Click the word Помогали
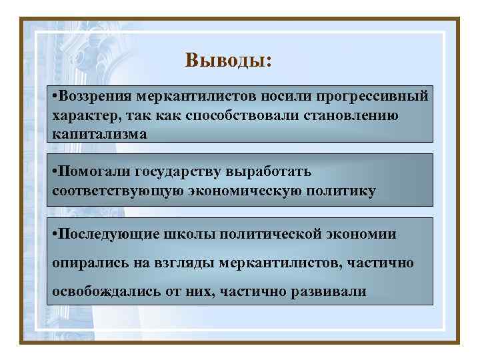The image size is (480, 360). (x=93, y=172)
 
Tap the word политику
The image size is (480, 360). (x=341, y=191)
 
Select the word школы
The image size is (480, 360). (x=184, y=235)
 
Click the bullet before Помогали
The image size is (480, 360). (x=55, y=172)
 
